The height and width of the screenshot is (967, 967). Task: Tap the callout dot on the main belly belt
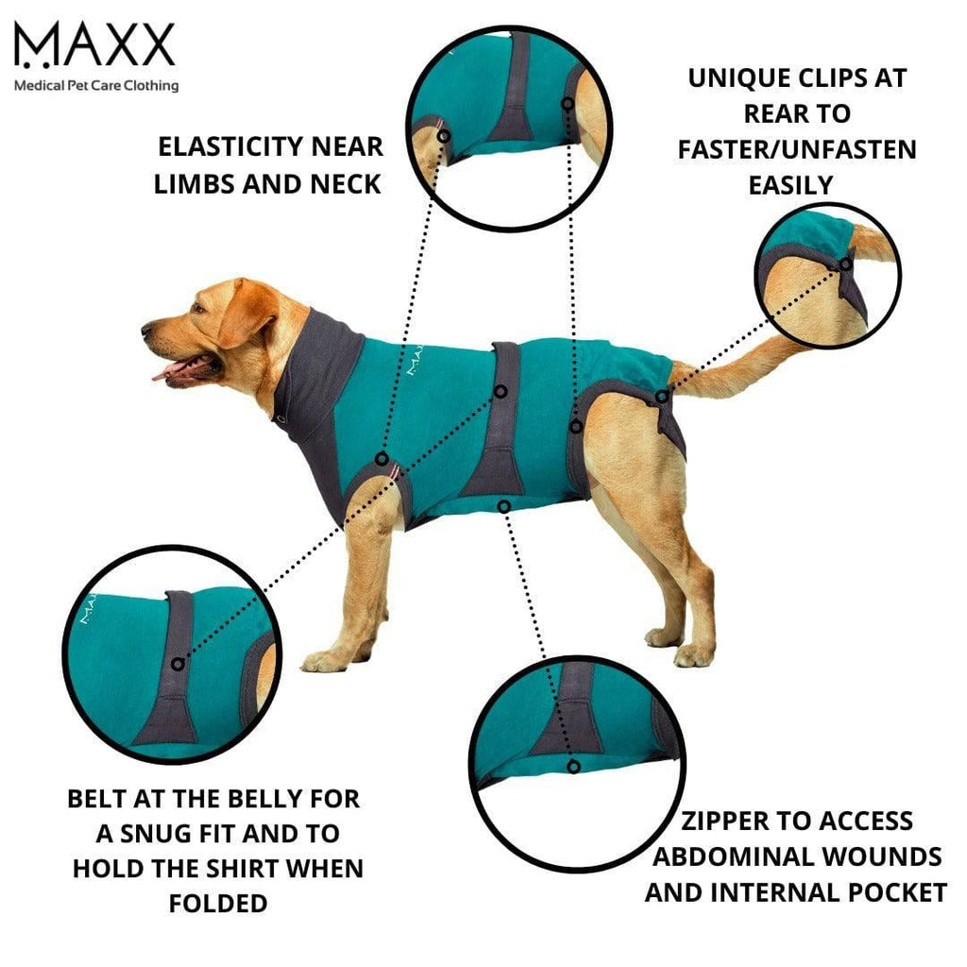(502, 390)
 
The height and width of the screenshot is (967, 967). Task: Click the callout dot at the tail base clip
(662, 397)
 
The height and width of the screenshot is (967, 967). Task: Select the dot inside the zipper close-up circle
(573, 766)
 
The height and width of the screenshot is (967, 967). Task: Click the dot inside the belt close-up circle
(178, 665)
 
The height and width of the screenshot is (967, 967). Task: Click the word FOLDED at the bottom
(218, 903)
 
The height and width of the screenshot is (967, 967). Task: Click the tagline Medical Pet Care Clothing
(95, 85)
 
